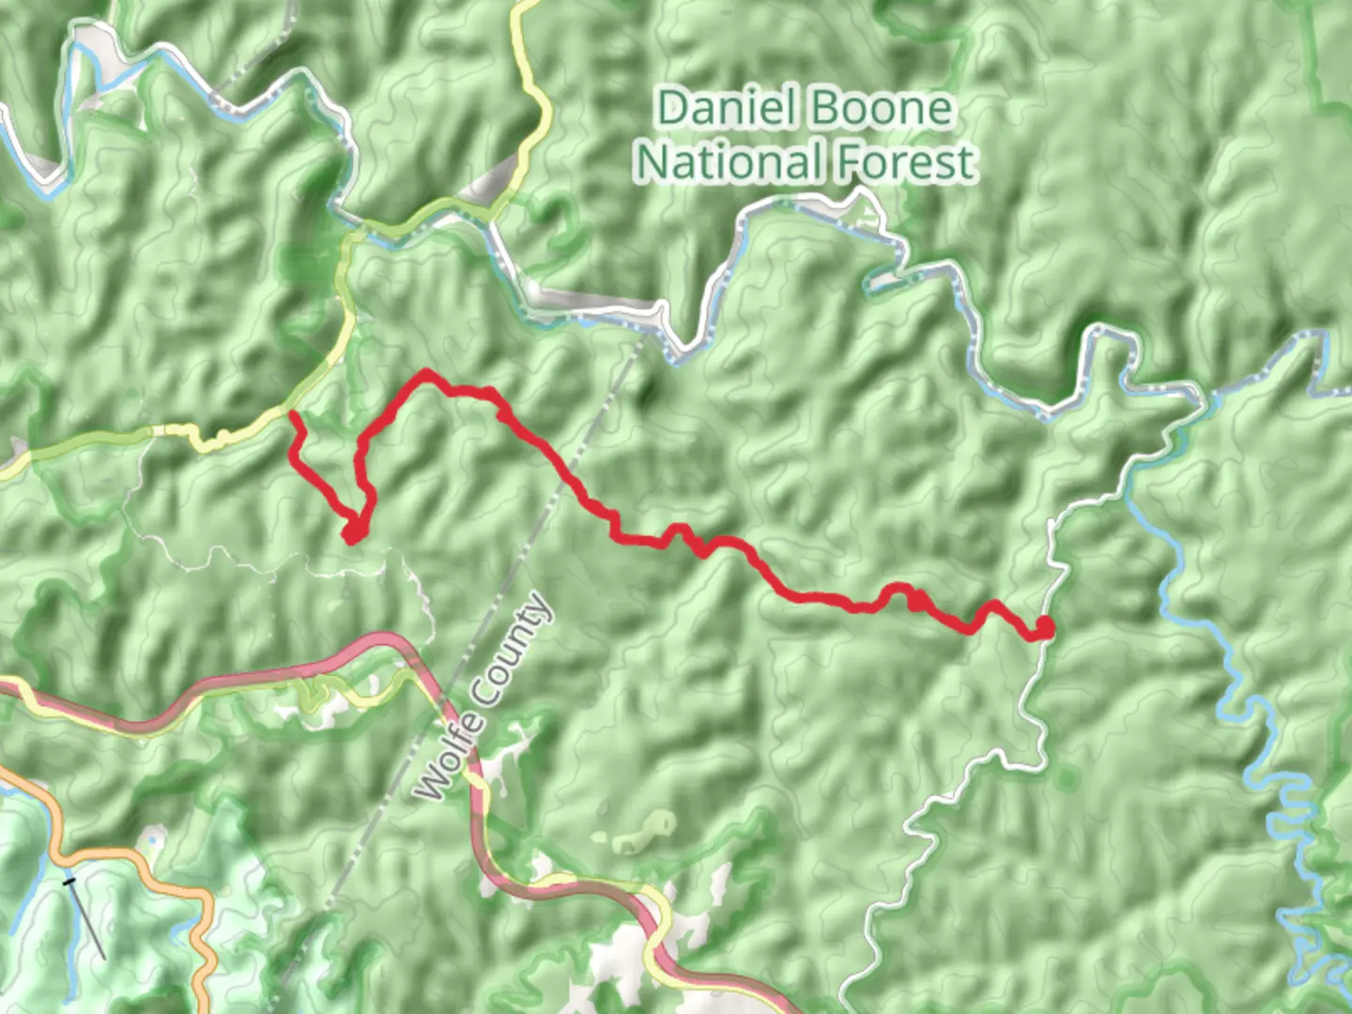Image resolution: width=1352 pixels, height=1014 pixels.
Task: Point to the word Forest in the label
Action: (x=905, y=162)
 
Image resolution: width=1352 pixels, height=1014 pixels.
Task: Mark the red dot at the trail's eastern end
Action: (x=1043, y=627)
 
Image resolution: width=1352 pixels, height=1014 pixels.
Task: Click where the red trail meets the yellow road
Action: (x=292, y=413)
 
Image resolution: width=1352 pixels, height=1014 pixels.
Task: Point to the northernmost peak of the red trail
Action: (x=427, y=374)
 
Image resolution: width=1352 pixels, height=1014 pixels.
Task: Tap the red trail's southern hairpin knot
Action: (x=354, y=530)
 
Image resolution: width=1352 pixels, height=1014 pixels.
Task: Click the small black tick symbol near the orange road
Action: (x=69, y=882)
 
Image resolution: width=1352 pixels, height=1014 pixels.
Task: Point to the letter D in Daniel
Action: (x=670, y=109)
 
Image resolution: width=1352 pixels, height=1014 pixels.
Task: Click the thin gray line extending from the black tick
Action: (x=89, y=925)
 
